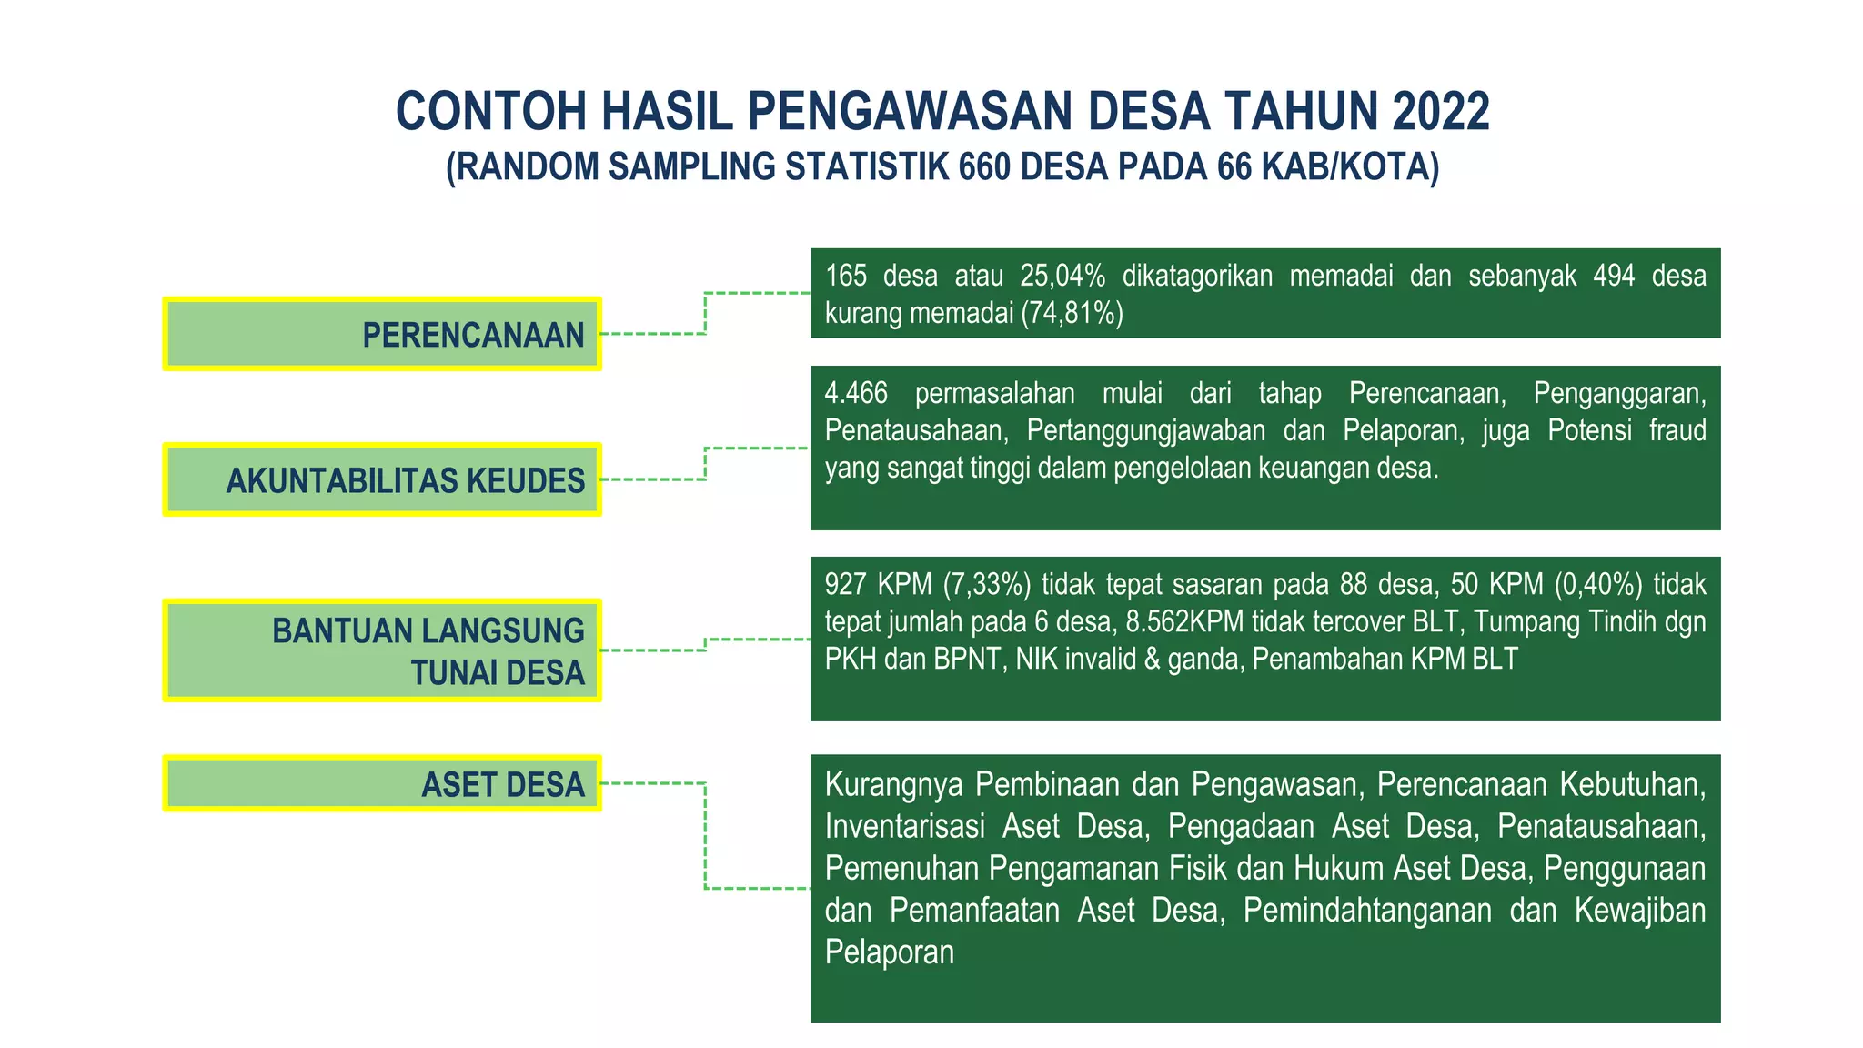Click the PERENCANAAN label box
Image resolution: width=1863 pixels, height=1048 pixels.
click(382, 334)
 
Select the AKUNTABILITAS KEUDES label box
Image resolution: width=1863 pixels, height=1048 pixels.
click(382, 479)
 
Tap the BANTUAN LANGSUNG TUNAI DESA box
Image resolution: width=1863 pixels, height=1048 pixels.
click(382, 650)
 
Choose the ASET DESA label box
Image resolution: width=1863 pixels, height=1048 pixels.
click(382, 783)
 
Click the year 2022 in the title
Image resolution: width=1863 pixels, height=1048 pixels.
click(1440, 112)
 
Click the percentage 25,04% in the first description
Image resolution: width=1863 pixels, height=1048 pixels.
click(1062, 276)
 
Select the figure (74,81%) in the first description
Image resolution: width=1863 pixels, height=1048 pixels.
click(1072, 313)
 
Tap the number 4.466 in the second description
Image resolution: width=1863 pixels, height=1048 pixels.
click(856, 393)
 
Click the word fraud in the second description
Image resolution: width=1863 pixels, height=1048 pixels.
click(1677, 430)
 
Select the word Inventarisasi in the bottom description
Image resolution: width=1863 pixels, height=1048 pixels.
click(904, 826)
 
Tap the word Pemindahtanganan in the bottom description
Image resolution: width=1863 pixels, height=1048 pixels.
click(1367, 910)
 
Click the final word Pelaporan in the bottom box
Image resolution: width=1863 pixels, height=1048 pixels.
click(890, 952)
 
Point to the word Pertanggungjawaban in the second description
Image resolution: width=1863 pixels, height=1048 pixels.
click(1146, 430)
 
